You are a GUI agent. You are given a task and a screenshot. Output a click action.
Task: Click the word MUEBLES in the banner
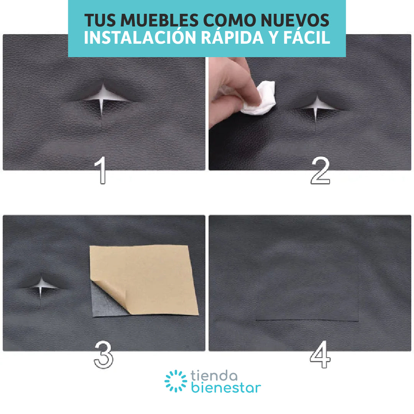(x=159, y=20)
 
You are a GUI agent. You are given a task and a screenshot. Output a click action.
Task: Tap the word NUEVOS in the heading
(x=295, y=20)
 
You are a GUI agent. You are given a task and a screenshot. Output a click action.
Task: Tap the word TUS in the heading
(x=100, y=20)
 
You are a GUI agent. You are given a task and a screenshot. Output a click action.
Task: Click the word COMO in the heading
(x=230, y=20)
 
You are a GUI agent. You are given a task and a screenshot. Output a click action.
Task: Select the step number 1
(x=101, y=170)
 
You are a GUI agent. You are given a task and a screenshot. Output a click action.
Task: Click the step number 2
(x=320, y=170)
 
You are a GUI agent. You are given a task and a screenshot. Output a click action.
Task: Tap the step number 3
(x=103, y=355)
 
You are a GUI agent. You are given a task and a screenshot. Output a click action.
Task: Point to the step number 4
(x=320, y=354)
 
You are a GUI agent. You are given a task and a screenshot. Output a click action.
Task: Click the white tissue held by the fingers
(x=260, y=99)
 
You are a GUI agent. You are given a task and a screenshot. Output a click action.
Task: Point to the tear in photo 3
(x=41, y=288)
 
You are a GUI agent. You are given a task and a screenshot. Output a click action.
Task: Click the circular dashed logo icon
(x=176, y=381)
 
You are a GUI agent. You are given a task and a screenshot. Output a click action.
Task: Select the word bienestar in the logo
(x=226, y=388)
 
